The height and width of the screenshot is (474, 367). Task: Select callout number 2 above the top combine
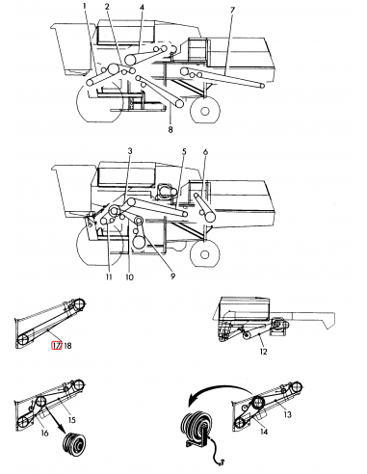pos(107,8)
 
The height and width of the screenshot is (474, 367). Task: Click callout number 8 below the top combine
pos(170,127)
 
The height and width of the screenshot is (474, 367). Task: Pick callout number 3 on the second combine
pos(129,152)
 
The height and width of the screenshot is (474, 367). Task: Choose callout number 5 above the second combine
pos(183,152)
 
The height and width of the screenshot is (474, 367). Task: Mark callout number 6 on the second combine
pos(205,152)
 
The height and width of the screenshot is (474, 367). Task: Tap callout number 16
pos(44,434)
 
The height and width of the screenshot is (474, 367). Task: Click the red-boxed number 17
pos(56,345)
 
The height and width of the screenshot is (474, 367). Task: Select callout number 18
pos(68,345)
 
